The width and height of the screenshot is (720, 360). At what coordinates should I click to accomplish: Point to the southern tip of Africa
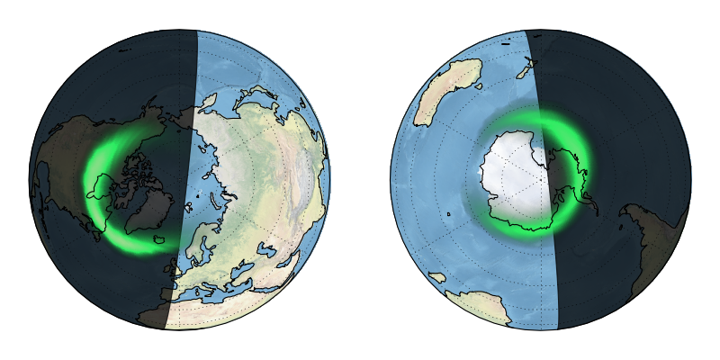[490, 310]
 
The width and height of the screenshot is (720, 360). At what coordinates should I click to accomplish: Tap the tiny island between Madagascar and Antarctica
[447, 214]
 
